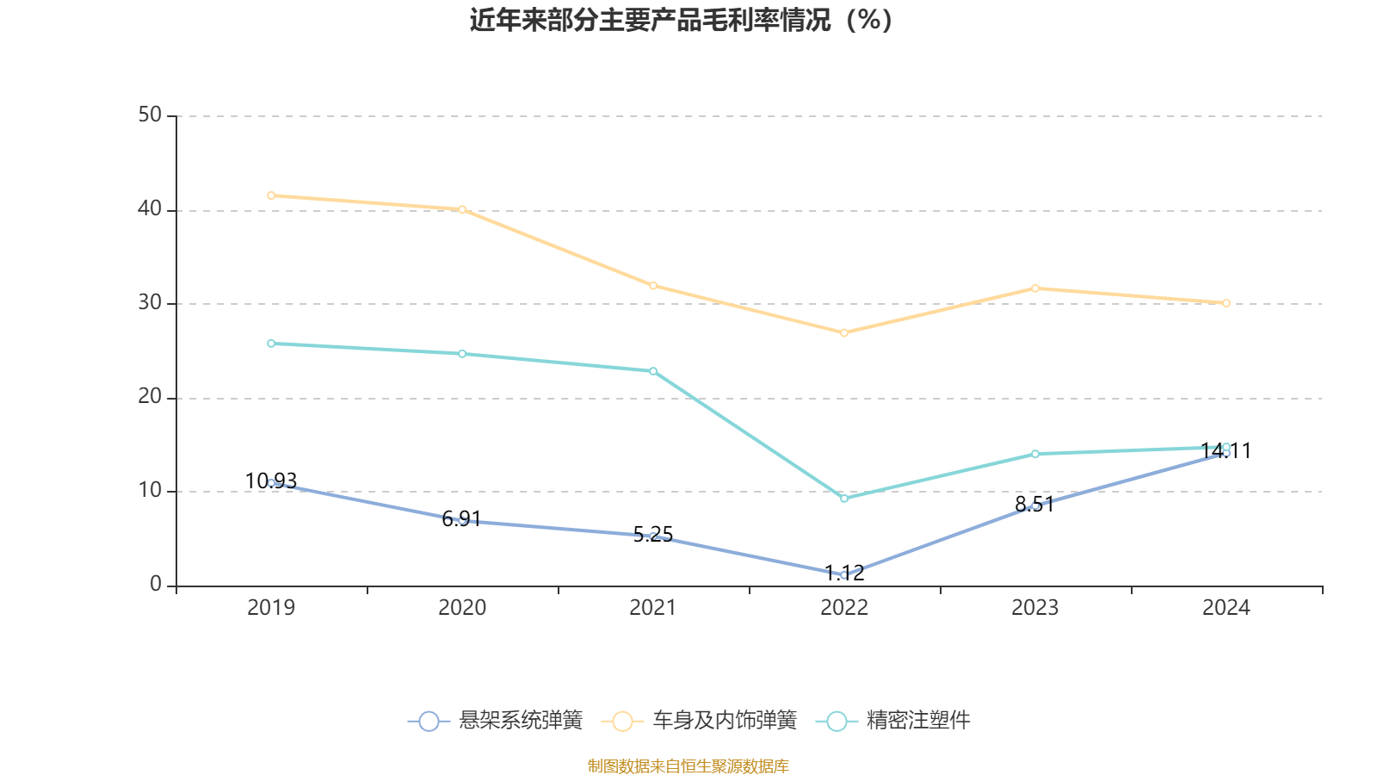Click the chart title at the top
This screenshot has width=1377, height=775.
681,20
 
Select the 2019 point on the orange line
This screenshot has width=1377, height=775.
271,195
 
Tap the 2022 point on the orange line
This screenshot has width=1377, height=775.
844,333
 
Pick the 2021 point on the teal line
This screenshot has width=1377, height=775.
653,371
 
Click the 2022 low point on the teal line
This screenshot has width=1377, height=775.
844,499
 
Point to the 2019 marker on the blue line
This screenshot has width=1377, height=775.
271,483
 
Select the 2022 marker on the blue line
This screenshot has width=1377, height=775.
844,574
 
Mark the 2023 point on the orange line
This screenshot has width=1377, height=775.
1035,288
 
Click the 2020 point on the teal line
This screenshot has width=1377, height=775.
462,354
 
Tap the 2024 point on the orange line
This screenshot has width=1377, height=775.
1226,303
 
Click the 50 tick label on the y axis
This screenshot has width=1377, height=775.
150,115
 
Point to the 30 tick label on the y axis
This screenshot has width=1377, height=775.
150,303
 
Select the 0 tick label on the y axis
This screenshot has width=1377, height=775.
156,585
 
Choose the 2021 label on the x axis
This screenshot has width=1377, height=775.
653,608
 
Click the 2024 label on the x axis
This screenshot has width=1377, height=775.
1226,608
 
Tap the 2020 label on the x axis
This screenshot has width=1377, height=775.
462,608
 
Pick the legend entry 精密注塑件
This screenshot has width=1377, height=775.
898,721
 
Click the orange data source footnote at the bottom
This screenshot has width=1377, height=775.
688,766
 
